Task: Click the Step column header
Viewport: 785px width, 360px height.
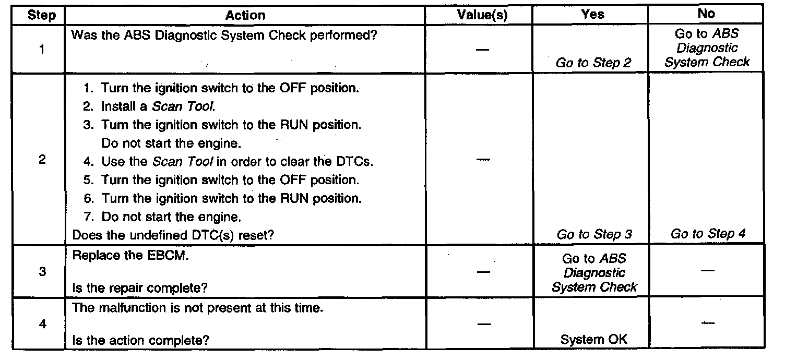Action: (41, 16)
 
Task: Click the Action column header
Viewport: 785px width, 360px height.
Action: (245, 16)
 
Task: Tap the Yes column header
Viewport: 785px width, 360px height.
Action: (592, 15)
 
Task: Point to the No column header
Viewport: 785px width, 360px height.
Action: (706, 15)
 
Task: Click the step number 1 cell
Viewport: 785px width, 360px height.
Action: (41, 51)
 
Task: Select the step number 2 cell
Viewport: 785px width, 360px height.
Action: (41, 160)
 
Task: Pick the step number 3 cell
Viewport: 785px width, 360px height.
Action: (41, 272)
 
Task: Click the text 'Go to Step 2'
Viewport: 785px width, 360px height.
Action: (593, 63)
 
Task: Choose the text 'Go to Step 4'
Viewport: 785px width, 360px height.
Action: (708, 234)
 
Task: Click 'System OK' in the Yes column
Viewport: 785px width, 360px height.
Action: (594, 340)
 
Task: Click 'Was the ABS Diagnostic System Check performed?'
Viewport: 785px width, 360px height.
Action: (224, 36)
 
